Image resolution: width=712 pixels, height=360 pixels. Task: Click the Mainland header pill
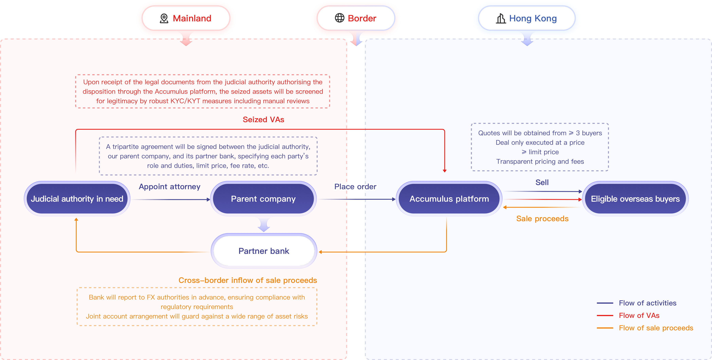pos(186,18)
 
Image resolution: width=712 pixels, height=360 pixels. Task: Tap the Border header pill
pos(356,18)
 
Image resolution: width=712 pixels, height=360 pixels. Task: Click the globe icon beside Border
pos(339,18)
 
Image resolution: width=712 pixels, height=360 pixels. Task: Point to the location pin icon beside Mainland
pos(164,19)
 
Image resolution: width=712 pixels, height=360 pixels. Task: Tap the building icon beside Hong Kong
pos(501,19)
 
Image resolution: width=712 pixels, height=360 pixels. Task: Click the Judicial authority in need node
pos(77,199)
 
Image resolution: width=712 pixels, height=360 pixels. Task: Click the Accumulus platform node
pos(449,199)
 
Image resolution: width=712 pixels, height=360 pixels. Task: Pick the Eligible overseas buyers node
pos(635,199)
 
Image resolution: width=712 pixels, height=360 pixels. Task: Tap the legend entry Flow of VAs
pos(639,315)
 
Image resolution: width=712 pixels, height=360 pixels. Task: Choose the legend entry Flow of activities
pos(647,303)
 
